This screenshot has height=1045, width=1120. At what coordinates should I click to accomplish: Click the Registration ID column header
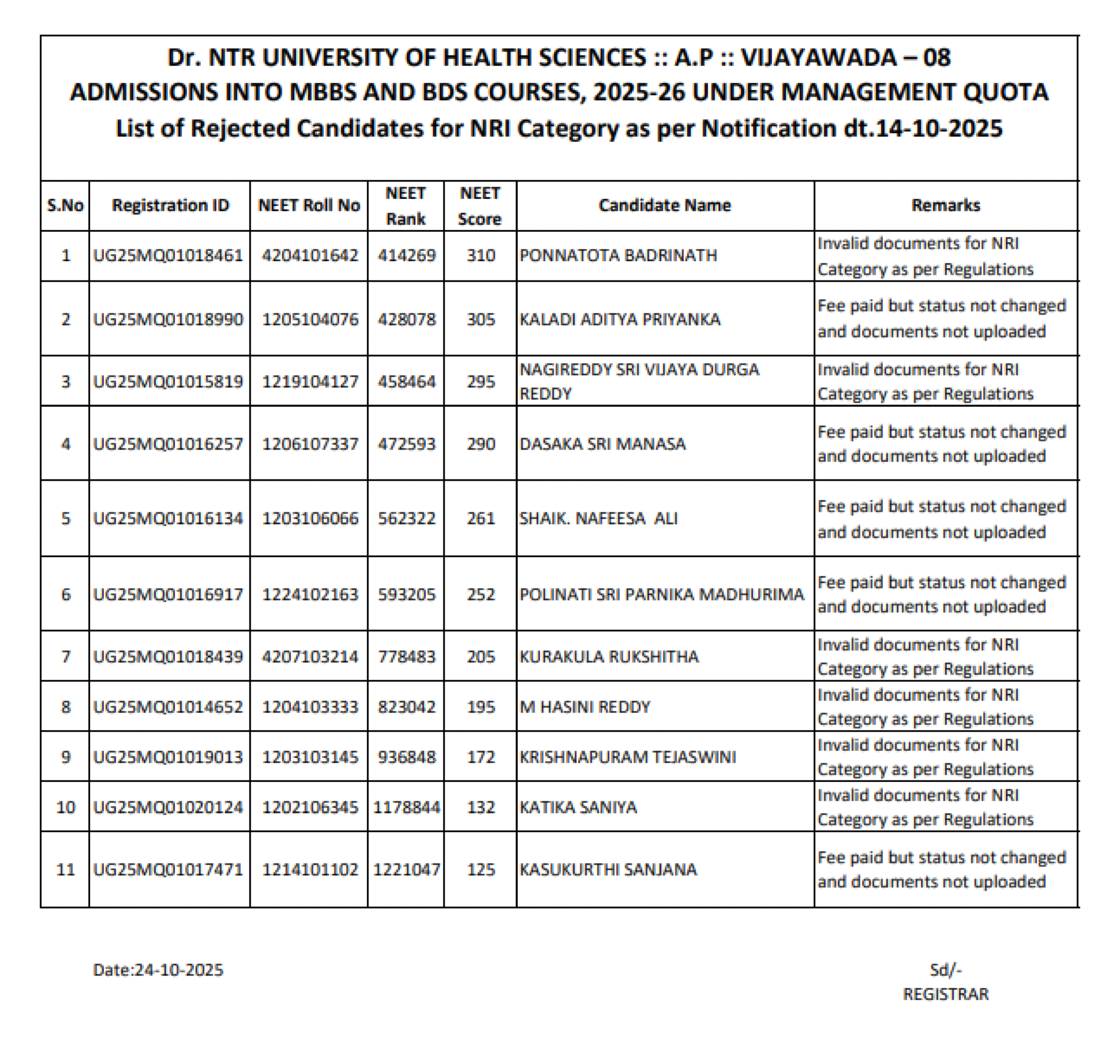coord(170,205)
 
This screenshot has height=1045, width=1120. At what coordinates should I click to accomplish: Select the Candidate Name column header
coord(665,205)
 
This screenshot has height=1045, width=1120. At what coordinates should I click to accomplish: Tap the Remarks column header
coord(945,205)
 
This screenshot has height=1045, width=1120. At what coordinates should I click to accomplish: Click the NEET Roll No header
coord(309,205)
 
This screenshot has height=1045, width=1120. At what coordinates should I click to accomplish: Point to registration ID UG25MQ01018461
coord(168,256)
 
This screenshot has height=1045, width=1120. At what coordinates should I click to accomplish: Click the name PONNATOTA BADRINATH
coord(618,256)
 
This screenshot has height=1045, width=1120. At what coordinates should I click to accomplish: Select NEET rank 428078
coord(407,319)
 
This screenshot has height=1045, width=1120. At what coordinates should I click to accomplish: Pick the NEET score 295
coord(481,382)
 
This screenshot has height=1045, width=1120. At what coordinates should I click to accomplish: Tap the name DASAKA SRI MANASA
coord(602,444)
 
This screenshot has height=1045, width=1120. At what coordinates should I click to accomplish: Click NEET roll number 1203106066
coord(310,519)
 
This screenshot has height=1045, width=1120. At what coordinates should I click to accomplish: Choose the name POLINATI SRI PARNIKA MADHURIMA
coord(662,594)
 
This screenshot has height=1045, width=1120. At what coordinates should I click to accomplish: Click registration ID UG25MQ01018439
coord(168,657)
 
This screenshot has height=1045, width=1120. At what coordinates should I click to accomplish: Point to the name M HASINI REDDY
coord(585,707)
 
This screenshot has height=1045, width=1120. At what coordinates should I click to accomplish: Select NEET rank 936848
coord(407,757)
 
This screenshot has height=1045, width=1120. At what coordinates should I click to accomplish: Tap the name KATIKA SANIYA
coord(578,807)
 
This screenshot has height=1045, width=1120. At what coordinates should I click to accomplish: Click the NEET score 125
coord(481,869)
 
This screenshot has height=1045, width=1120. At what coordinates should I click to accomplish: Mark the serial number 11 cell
coord(66,869)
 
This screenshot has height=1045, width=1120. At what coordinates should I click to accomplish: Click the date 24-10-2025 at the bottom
coord(179,970)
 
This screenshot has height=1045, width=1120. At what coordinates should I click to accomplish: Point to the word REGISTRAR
coord(945,994)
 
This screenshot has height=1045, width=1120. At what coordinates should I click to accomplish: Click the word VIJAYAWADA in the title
coord(819,58)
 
